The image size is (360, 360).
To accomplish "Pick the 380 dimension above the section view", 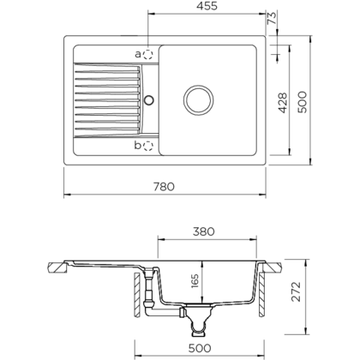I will point(202,231).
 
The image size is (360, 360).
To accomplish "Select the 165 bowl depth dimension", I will point(194,279).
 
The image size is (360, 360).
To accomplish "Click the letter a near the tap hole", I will point(138,53).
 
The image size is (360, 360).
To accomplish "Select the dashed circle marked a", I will point(148,53).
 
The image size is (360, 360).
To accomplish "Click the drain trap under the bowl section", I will point(202,321).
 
